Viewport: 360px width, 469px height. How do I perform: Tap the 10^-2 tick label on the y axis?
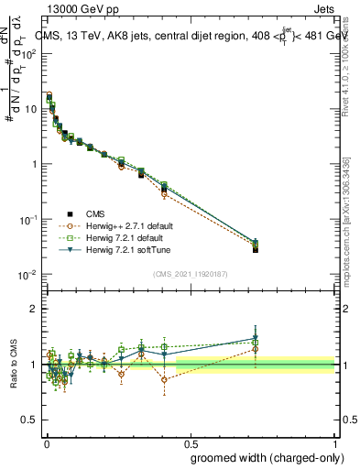[x=27, y=276]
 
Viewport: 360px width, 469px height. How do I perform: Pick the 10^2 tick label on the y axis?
[x=27, y=53]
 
